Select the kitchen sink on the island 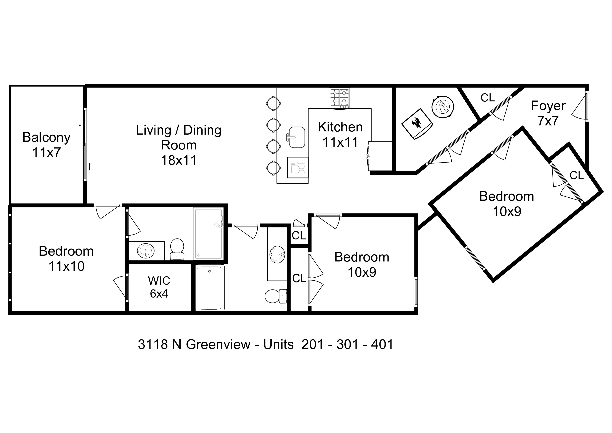click(x=296, y=137)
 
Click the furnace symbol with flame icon click(x=417, y=124)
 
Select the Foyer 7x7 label click(x=548, y=113)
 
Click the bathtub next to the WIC click(x=210, y=288)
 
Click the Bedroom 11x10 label click(x=66, y=259)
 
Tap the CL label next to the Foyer click(x=488, y=98)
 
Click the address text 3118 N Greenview click(x=194, y=344)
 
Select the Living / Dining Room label click(x=179, y=145)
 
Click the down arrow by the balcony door click(x=80, y=123)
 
